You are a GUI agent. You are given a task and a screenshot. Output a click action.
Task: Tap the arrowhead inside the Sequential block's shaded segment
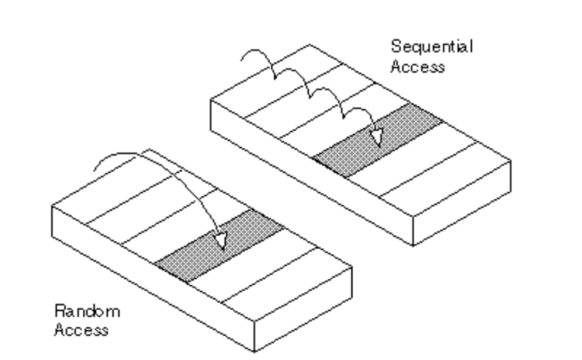[x=374, y=140]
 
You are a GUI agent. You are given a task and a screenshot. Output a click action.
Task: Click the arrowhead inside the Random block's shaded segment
[x=221, y=240]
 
